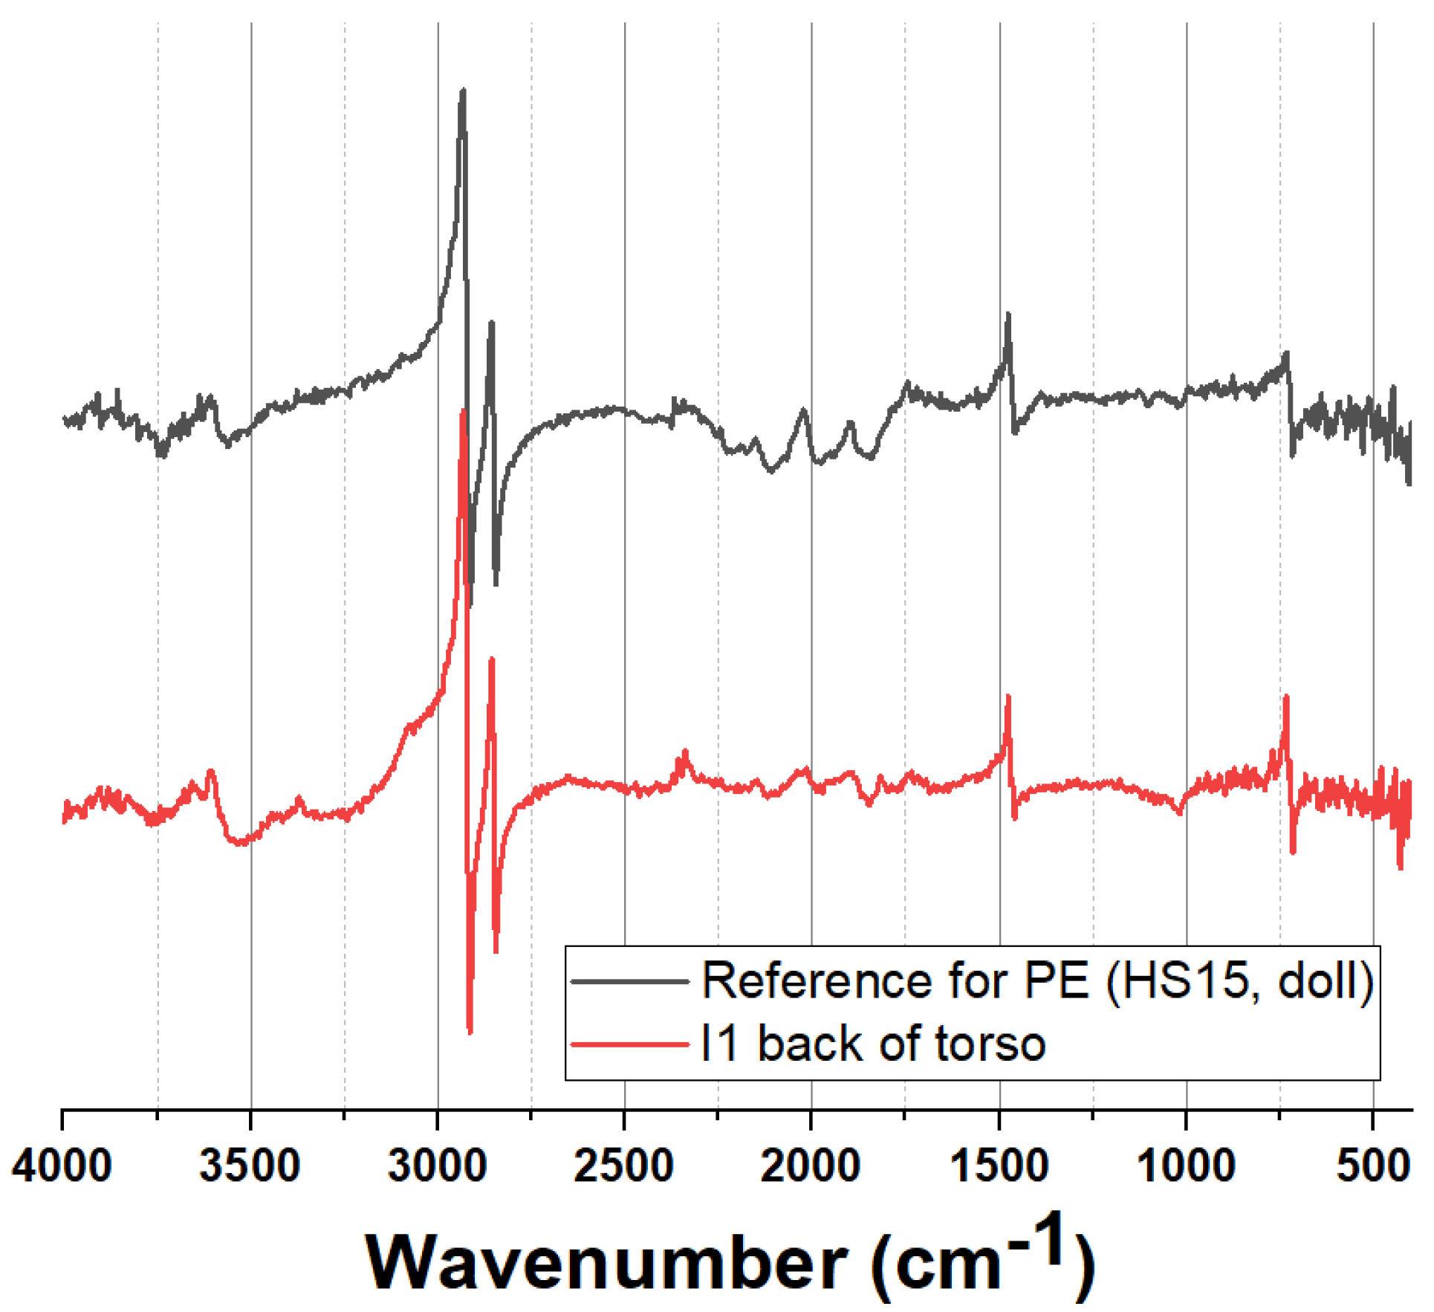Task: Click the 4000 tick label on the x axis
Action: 62,1166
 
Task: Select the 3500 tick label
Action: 250,1166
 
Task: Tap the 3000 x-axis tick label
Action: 438,1166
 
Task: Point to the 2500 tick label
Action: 624,1166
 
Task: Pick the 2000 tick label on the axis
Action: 811,1166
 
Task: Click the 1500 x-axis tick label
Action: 999,1166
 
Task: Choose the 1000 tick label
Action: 1186,1166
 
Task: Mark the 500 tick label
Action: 1373,1166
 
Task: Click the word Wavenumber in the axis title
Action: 606,1262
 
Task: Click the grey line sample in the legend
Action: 630,981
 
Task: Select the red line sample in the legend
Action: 630,1044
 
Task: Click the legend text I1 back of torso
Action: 874,1044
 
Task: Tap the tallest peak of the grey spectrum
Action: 463,91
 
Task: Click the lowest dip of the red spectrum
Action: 470,1032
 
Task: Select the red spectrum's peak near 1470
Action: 1008,697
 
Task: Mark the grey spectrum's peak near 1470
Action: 1008,315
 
